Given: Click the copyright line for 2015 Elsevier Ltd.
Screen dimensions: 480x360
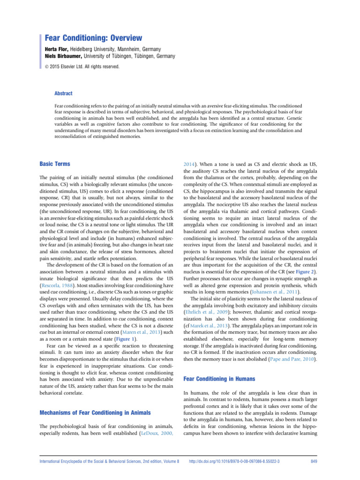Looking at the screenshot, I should pos(82,67).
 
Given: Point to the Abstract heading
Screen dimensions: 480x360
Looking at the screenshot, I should pos(64,93).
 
